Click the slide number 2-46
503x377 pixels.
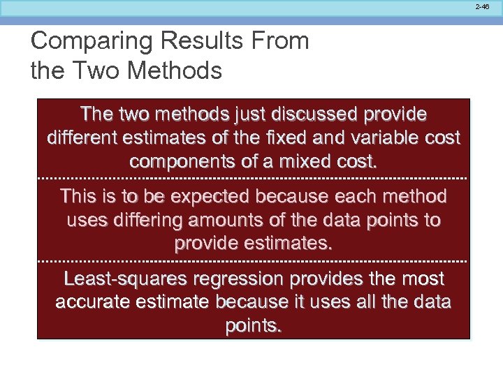tap(482, 6)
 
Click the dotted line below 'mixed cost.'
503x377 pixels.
tap(252, 179)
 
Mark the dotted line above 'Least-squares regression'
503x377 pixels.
tap(252, 261)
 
